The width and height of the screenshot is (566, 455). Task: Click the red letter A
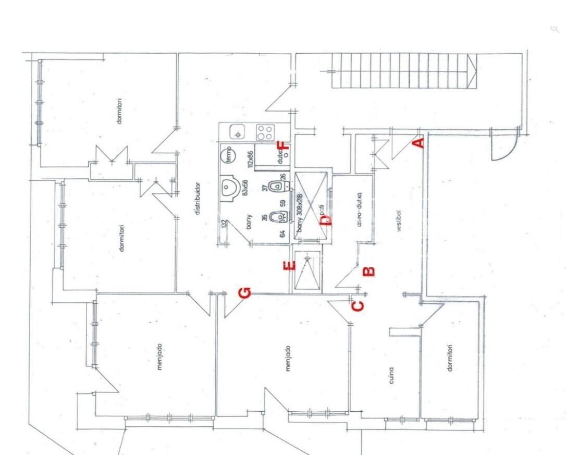(x=419, y=142)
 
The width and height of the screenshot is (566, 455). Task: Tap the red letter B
(x=368, y=271)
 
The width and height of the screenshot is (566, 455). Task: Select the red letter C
(x=358, y=306)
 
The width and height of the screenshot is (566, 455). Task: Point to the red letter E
(x=289, y=266)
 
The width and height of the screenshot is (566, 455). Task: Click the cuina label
(x=391, y=376)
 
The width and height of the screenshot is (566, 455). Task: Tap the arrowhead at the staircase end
(x=472, y=66)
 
